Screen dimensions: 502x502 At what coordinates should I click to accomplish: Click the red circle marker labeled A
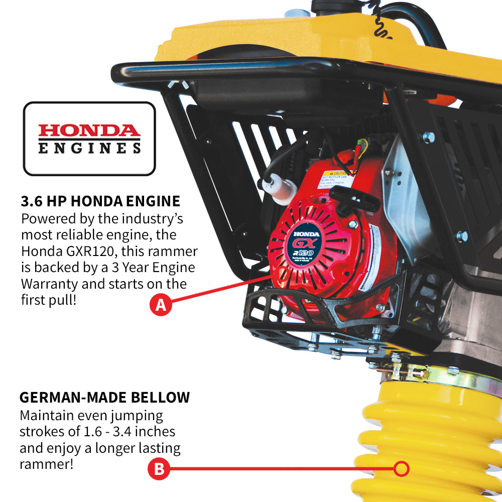click(x=161, y=305)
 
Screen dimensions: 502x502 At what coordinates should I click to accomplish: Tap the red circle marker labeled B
click(x=159, y=469)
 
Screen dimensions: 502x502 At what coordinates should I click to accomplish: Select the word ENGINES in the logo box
click(x=89, y=148)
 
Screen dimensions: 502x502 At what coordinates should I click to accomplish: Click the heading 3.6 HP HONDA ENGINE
click(x=100, y=202)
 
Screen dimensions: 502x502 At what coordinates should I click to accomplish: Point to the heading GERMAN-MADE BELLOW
click(x=104, y=398)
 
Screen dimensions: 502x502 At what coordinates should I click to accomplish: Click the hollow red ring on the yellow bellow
click(x=401, y=469)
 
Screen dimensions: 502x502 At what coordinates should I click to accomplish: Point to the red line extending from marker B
click(x=281, y=469)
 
